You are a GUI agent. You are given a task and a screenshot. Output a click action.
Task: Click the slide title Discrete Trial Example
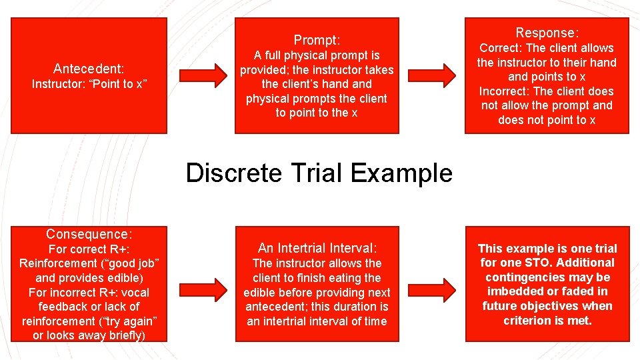pos(319,173)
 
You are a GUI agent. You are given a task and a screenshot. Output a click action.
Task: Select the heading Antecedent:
pos(89,69)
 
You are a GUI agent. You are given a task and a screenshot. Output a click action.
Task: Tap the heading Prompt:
pos(317,40)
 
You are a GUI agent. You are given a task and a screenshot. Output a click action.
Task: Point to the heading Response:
pos(547,33)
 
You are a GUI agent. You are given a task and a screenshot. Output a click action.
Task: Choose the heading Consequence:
pos(89,234)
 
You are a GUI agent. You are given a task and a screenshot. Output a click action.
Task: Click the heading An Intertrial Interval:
pos(317,248)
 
